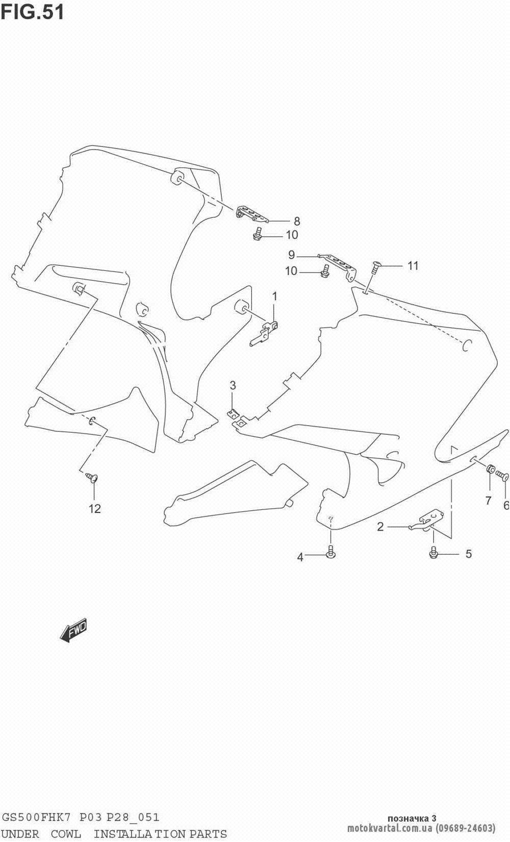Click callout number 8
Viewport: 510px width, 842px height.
297,221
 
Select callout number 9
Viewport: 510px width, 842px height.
291,254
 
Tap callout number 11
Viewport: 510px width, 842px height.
413,265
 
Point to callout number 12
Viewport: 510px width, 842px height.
95,508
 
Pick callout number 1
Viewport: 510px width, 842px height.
274,296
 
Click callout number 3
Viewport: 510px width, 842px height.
233,385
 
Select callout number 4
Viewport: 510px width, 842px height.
300,557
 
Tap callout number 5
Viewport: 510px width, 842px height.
468,554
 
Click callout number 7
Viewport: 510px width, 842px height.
488,500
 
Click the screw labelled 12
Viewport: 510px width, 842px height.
92,478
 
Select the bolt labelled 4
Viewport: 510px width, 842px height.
331,551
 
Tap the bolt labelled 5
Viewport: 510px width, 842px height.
434,552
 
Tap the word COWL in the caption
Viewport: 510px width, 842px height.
66,834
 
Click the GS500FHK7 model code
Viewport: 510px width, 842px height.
38,818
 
